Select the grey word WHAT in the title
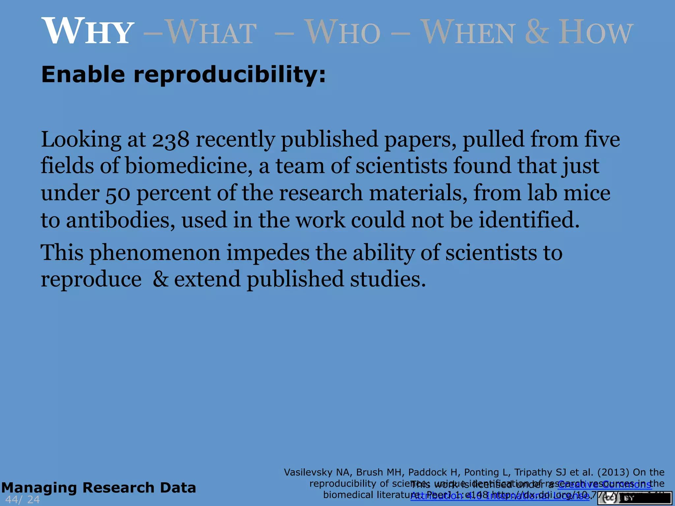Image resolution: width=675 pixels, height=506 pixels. click(x=211, y=32)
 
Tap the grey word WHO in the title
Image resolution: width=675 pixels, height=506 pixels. click(x=343, y=32)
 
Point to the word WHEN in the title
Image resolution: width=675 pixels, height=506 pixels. click(x=468, y=32)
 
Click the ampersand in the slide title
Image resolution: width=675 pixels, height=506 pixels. click(x=537, y=32)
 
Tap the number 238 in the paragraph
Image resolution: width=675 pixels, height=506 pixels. click(x=171, y=140)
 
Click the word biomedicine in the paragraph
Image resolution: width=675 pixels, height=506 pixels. click(x=187, y=166)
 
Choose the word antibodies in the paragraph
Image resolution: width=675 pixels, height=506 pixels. click(x=121, y=220)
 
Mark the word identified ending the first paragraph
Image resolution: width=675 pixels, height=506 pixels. click(x=529, y=220)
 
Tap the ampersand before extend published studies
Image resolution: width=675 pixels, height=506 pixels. click(x=161, y=279)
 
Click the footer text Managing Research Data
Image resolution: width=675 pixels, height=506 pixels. click(x=99, y=488)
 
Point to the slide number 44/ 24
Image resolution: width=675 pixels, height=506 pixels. click(x=22, y=499)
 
